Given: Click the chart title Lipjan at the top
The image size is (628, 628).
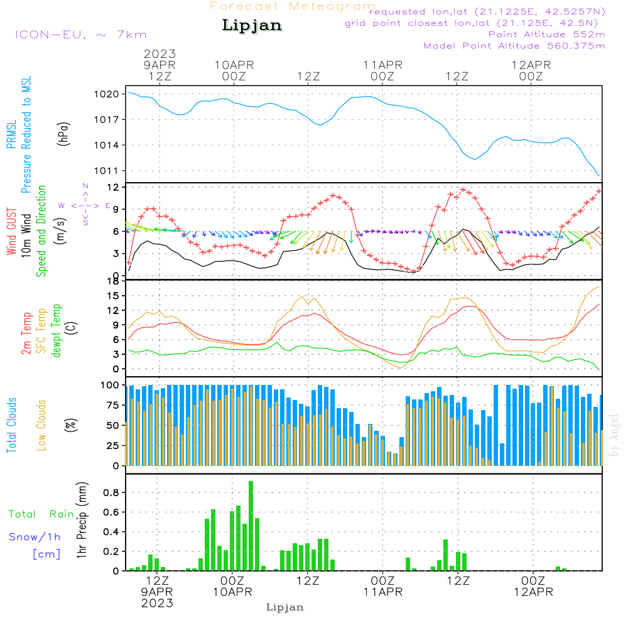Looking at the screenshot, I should click(252, 26).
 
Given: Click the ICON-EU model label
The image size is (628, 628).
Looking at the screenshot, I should click(80, 35).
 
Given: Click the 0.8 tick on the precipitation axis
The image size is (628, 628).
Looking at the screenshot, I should click(112, 492).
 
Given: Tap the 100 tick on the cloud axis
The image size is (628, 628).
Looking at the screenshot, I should click(110, 384).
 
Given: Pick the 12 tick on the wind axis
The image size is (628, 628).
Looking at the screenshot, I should click(114, 187).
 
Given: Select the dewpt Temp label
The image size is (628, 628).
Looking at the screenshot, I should click(57, 331).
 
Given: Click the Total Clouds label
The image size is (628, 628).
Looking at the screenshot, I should click(12, 425).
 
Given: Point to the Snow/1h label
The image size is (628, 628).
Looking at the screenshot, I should click(35, 537).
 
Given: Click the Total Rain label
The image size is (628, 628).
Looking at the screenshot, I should click(41, 514).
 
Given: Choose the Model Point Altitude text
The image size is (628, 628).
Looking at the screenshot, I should click(514, 45).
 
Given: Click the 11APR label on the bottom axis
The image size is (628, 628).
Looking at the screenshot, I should click(382, 592).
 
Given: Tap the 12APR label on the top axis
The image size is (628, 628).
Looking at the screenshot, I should click(531, 65).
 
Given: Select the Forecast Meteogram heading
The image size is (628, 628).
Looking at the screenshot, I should click(293, 6).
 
